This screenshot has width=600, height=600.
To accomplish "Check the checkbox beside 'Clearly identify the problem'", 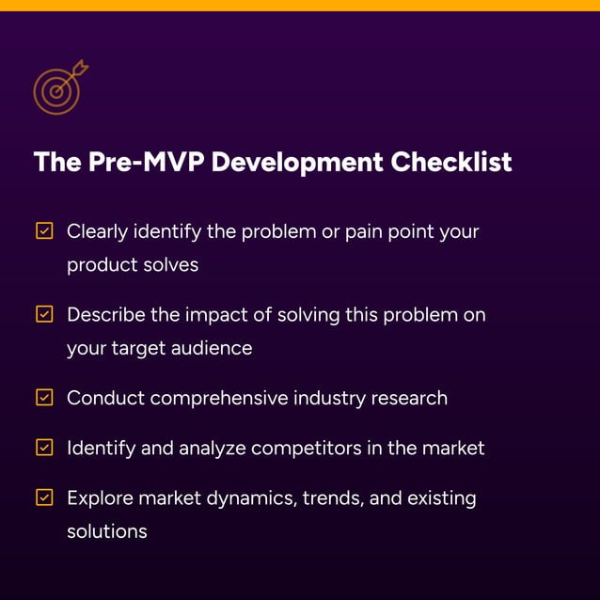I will coord(44,230).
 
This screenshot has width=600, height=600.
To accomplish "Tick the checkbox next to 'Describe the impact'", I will coord(44,314).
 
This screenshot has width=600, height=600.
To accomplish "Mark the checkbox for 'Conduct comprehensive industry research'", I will coord(44,398).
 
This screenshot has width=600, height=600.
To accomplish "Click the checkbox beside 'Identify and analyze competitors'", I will coord(44,448).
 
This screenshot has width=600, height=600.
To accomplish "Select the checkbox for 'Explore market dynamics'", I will coord(44,497).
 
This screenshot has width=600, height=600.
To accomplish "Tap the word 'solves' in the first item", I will coord(170,265).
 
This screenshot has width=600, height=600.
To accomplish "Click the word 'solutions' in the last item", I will coord(107,531).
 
